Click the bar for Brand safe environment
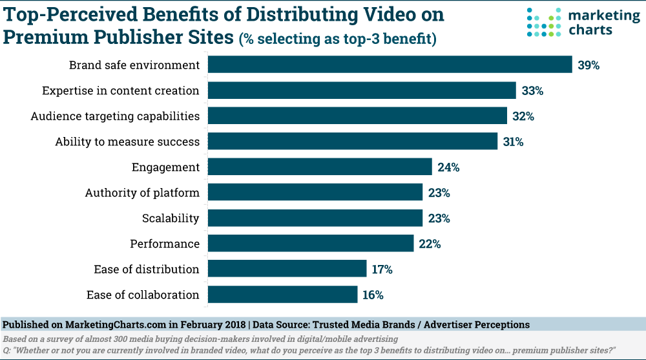point(390,65)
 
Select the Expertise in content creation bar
point(362,90)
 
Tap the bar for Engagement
point(320,167)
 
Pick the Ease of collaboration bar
point(282,295)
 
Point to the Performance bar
point(311,244)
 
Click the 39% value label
point(589,65)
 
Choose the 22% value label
point(430,244)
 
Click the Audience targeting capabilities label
point(115,116)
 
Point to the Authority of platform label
point(142,193)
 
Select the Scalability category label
point(171,218)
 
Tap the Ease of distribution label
point(147,270)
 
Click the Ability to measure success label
point(127,142)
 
